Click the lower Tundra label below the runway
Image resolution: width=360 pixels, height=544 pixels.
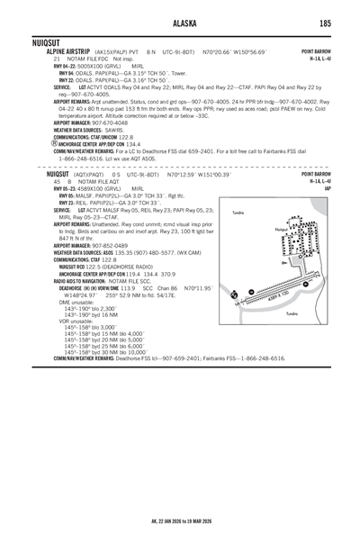[x=292, y=338]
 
